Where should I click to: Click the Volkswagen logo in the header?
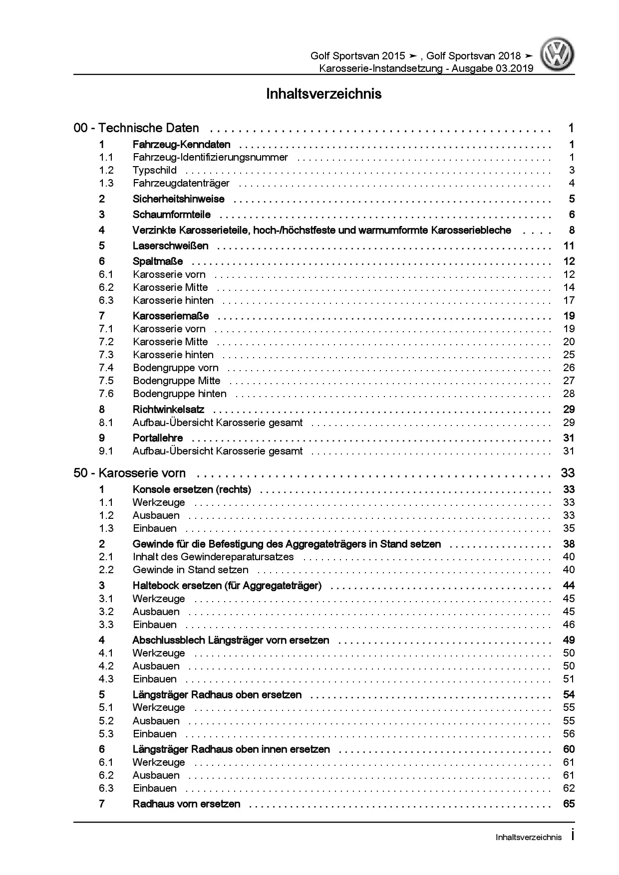pyautogui.click(x=559, y=56)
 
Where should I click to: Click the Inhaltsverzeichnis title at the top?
pyautogui.click(x=323, y=94)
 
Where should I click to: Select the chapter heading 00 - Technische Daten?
pyautogui.click(x=136, y=128)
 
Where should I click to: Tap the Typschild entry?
pyautogui.click(x=154, y=170)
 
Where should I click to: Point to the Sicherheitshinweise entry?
pyautogui.click(x=178, y=199)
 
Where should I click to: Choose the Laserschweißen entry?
pyautogui.click(x=170, y=246)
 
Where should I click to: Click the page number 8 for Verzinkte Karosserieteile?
pyautogui.click(x=572, y=230)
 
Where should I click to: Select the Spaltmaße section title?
pyautogui.click(x=158, y=261)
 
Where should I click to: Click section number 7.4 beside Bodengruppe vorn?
pyautogui.click(x=106, y=368)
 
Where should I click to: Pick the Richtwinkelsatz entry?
pyautogui.click(x=168, y=410)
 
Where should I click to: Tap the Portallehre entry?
pyautogui.click(x=158, y=438)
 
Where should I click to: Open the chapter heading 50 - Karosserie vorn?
pyautogui.click(x=129, y=473)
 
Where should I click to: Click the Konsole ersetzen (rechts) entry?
pyautogui.click(x=192, y=489)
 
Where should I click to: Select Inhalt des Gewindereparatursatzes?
pyautogui.click(x=213, y=557)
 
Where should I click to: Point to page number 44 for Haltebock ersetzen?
pyautogui.click(x=569, y=586)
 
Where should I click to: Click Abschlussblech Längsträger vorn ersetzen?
pyautogui.click(x=231, y=640)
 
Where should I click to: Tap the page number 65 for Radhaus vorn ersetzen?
pyautogui.click(x=569, y=804)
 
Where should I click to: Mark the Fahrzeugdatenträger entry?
pyautogui.click(x=181, y=183)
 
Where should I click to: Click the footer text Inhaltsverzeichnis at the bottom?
pyautogui.click(x=528, y=838)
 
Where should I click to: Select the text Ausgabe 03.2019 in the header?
pyautogui.click(x=492, y=68)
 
